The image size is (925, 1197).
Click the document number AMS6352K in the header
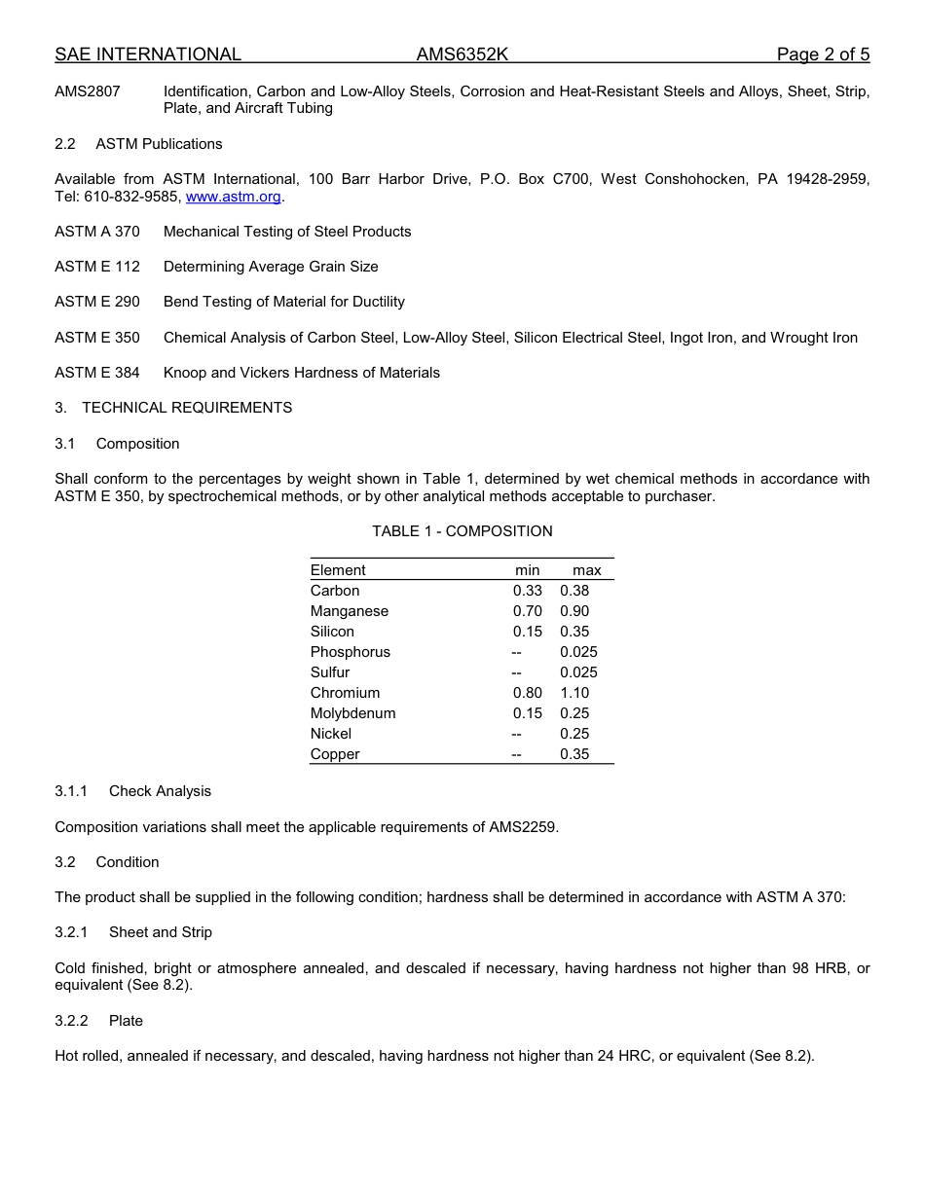(x=462, y=54)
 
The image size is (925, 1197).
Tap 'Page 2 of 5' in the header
(x=823, y=54)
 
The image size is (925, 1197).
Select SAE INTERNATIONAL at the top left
(x=148, y=54)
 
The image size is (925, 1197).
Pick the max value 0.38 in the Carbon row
(x=574, y=591)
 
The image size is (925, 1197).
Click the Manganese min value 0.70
(x=528, y=611)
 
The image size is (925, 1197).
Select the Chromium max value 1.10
(x=574, y=693)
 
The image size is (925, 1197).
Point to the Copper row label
(x=335, y=754)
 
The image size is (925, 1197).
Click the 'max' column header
(x=586, y=570)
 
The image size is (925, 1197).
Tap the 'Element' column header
(x=338, y=570)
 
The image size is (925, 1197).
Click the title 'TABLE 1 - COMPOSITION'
(x=462, y=531)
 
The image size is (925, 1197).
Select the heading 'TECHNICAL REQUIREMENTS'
(x=187, y=408)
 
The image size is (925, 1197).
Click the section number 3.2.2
(x=71, y=1021)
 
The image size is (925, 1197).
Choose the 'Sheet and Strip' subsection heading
(x=160, y=932)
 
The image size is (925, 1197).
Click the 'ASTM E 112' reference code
(x=97, y=267)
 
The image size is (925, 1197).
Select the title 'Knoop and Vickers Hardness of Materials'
(x=302, y=373)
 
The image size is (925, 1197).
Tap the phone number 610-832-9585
(x=132, y=197)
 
